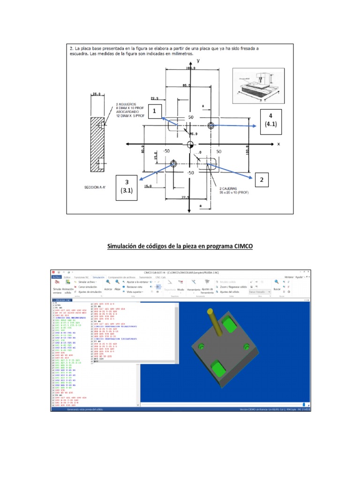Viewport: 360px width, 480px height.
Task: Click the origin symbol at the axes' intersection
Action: pyautogui.click(x=190, y=144)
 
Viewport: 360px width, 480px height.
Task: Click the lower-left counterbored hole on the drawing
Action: pyautogui.click(x=173, y=164)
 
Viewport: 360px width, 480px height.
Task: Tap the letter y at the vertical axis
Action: pyautogui.click(x=198, y=61)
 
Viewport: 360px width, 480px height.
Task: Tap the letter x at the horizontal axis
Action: pyautogui.click(x=278, y=144)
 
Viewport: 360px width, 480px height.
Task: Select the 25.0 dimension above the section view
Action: pyautogui.click(x=97, y=94)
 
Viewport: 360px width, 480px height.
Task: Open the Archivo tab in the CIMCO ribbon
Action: pyautogui.click(x=56, y=277)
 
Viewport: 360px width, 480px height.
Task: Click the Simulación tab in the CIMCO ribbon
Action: pyautogui.click(x=98, y=277)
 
